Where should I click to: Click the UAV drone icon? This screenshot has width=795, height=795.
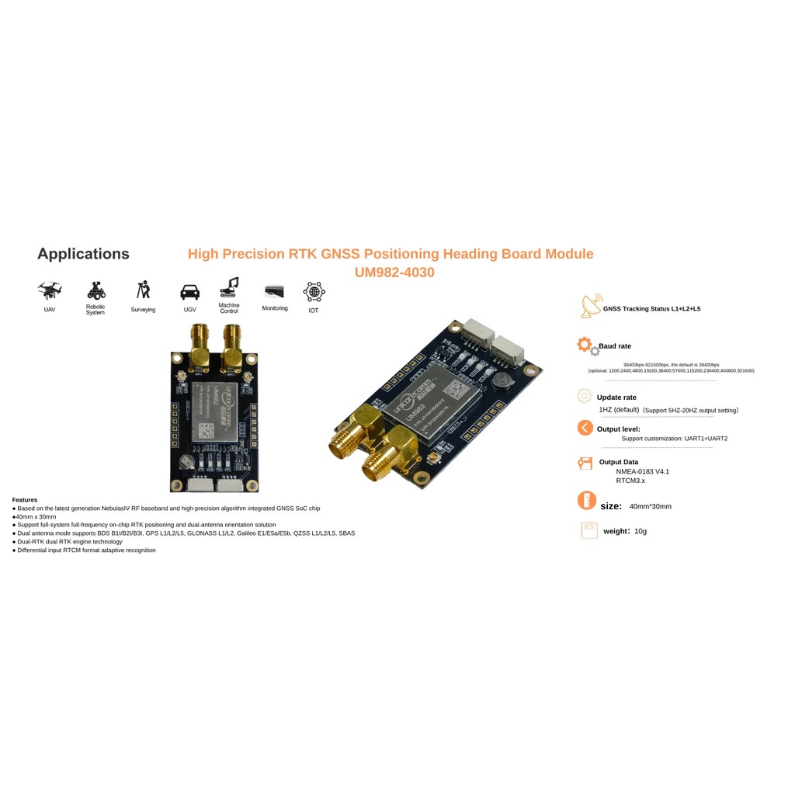click(x=50, y=290)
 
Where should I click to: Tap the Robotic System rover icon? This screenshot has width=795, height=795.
click(x=95, y=291)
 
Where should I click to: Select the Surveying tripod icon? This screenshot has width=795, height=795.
click(x=143, y=290)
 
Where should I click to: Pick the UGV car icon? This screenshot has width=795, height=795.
click(x=189, y=292)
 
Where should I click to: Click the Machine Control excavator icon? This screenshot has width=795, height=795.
click(x=229, y=287)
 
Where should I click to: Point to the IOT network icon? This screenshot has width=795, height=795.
click(x=314, y=292)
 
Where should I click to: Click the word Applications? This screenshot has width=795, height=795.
click(x=83, y=254)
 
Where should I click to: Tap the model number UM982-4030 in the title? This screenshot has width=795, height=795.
click(x=394, y=273)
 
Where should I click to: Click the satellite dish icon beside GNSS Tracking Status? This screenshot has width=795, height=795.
click(x=590, y=307)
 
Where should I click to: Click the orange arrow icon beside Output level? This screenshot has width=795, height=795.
click(x=585, y=428)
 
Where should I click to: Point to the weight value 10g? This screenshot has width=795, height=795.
click(x=641, y=531)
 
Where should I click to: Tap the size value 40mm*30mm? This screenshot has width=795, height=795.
click(x=650, y=506)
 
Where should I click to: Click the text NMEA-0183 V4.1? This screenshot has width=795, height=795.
click(x=642, y=471)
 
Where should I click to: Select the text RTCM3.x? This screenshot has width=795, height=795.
click(x=630, y=481)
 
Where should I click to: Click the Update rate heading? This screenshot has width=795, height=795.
click(x=616, y=397)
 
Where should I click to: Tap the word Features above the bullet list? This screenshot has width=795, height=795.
click(x=25, y=500)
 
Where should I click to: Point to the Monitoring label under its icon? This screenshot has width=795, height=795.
click(x=275, y=308)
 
